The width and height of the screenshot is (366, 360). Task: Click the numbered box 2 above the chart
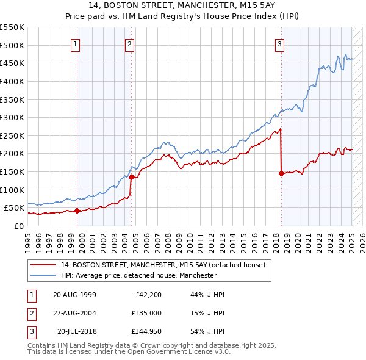(130, 43)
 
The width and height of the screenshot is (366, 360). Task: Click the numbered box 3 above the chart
(279, 43)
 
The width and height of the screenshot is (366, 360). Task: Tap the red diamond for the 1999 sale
(77, 211)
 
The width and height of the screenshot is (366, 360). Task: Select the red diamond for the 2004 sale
(132, 178)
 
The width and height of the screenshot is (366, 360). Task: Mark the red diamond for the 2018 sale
(281, 174)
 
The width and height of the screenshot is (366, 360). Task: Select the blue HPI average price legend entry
(138, 276)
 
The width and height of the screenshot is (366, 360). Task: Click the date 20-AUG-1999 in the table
(75, 295)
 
